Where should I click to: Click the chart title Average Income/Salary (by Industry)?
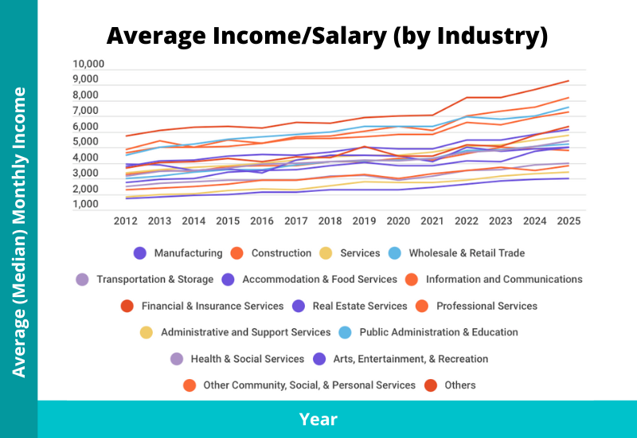coord(327,36)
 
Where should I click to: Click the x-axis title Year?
coord(318,419)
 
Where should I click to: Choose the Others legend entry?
coord(460,385)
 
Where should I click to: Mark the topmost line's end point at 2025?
coord(568,80)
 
